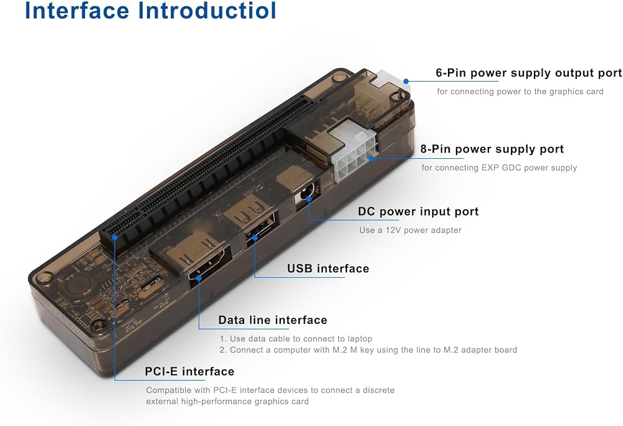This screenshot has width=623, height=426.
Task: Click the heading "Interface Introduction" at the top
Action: tap(150, 11)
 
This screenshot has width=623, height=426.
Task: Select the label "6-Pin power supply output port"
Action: tap(529, 73)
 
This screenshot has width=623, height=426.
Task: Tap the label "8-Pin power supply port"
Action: tap(492, 149)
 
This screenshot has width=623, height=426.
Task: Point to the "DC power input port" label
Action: tap(419, 212)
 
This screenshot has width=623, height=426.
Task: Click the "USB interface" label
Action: tap(328, 269)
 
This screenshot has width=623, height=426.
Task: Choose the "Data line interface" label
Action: tap(273, 320)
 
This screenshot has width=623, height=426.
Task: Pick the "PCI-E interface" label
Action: tap(189, 372)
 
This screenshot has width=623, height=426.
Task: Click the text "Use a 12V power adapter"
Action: tap(410, 230)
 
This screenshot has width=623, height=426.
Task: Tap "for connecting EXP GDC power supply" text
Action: tap(499, 168)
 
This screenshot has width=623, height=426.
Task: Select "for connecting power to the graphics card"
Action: tap(520, 92)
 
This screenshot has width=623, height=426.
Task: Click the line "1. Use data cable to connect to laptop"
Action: tap(296, 339)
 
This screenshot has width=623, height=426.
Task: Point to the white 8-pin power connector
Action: tap(354, 151)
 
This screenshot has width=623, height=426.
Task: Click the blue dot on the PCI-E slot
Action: tap(115, 237)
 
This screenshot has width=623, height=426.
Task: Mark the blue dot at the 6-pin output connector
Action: tap(406, 82)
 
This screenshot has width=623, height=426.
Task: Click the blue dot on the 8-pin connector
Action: tap(371, 158)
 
